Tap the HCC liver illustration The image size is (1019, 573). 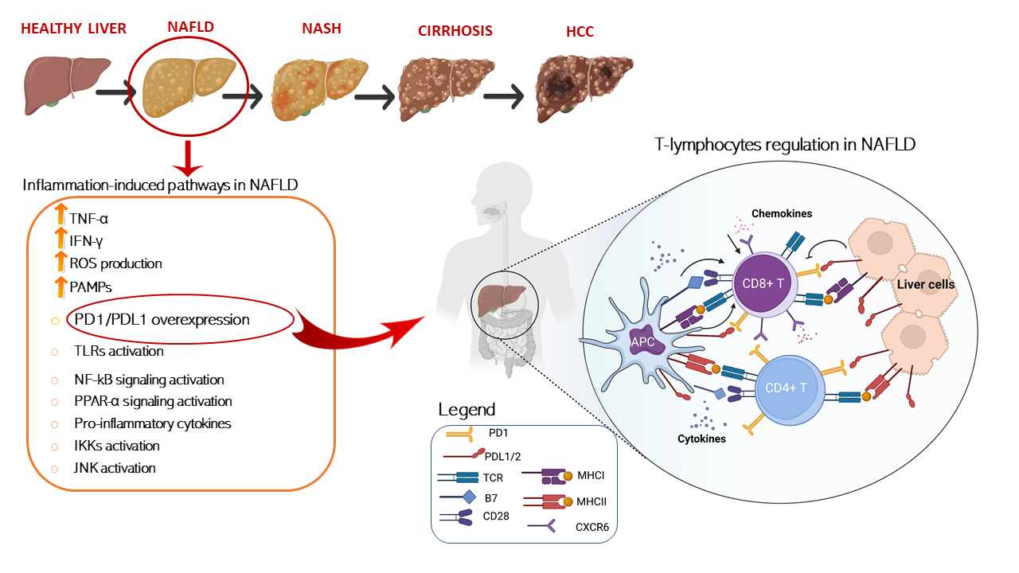point(579,88)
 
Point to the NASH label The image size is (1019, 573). point(322,28)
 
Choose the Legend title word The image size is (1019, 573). point(467,410)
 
